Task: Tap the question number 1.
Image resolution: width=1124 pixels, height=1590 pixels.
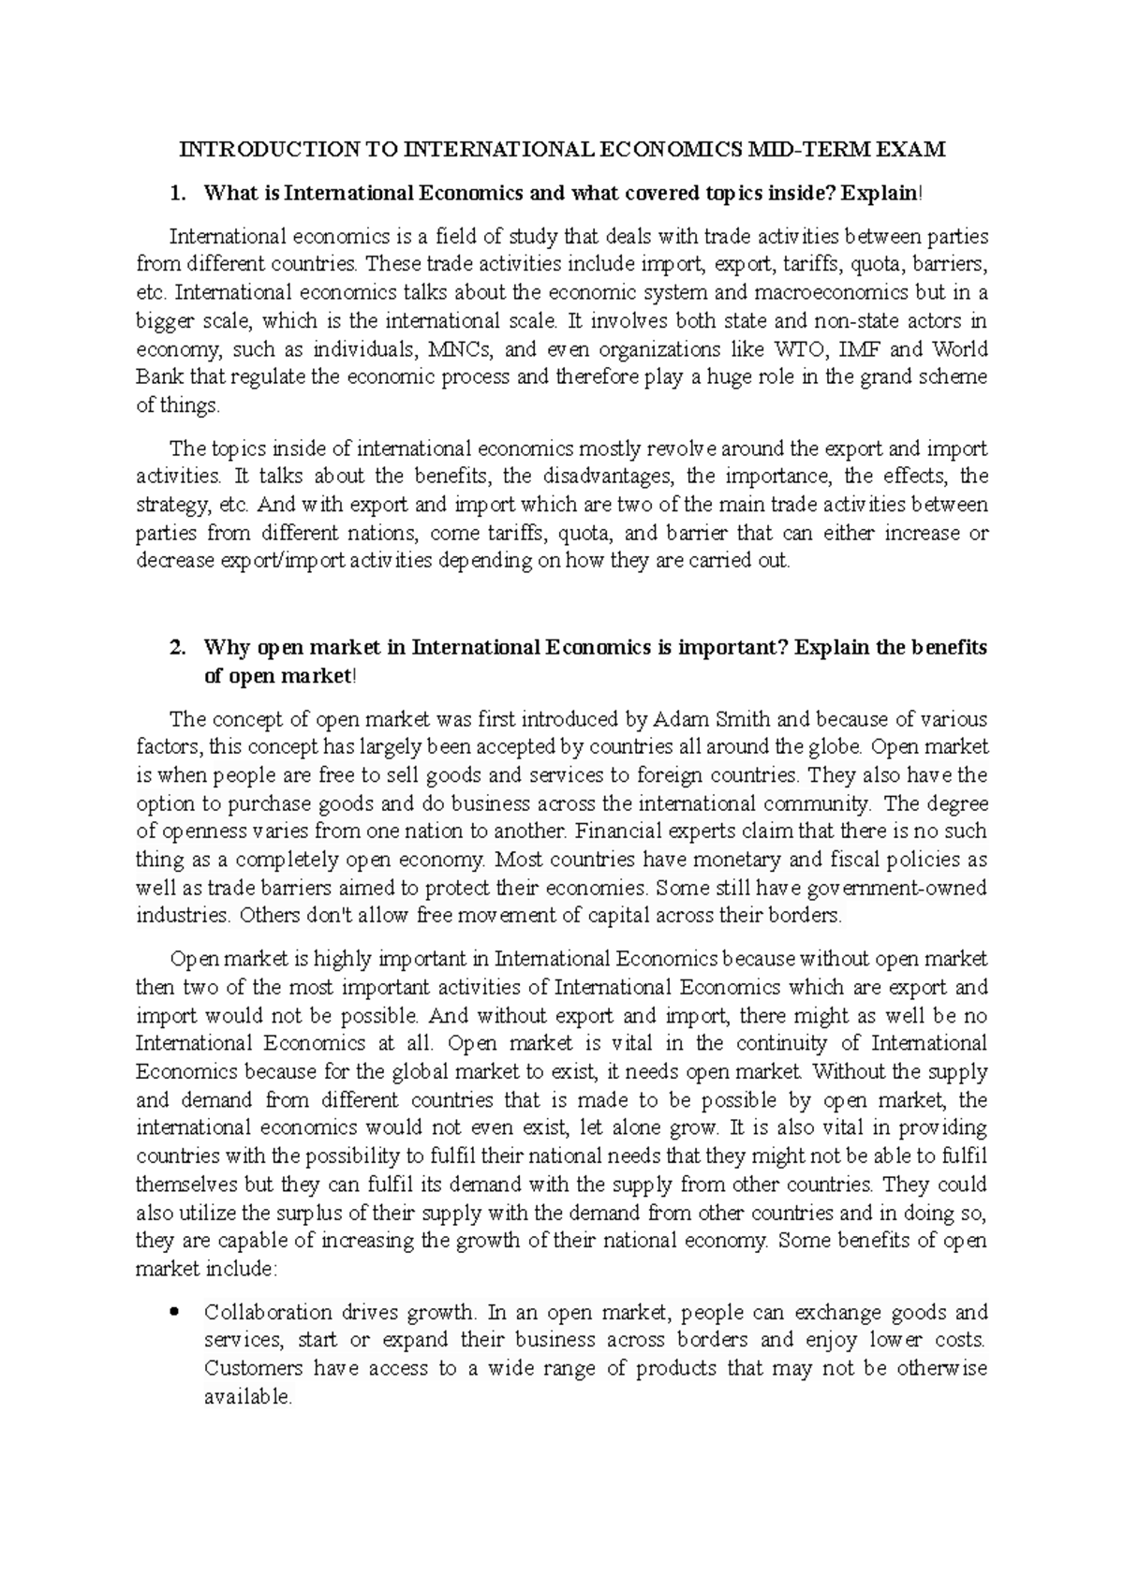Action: point(175,194)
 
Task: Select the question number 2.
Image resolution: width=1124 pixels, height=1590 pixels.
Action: point(175,648)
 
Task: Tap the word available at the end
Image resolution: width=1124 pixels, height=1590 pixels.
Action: point(247,1397)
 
